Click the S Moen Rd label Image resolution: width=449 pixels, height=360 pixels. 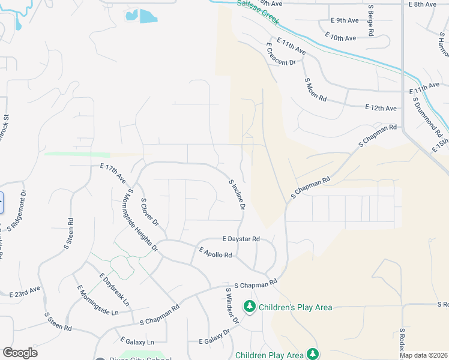315,89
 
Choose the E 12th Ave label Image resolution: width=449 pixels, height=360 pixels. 381,108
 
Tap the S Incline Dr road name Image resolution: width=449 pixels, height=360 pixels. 237,194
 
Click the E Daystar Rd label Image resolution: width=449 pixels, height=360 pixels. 241,239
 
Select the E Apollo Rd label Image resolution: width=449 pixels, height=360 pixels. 215,252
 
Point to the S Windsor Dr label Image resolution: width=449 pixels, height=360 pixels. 232,306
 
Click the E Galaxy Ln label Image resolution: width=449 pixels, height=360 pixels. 137,341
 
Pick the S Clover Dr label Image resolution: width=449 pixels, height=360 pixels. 149,212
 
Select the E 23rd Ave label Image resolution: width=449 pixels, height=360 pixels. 25,292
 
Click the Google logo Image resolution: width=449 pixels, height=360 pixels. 20,353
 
